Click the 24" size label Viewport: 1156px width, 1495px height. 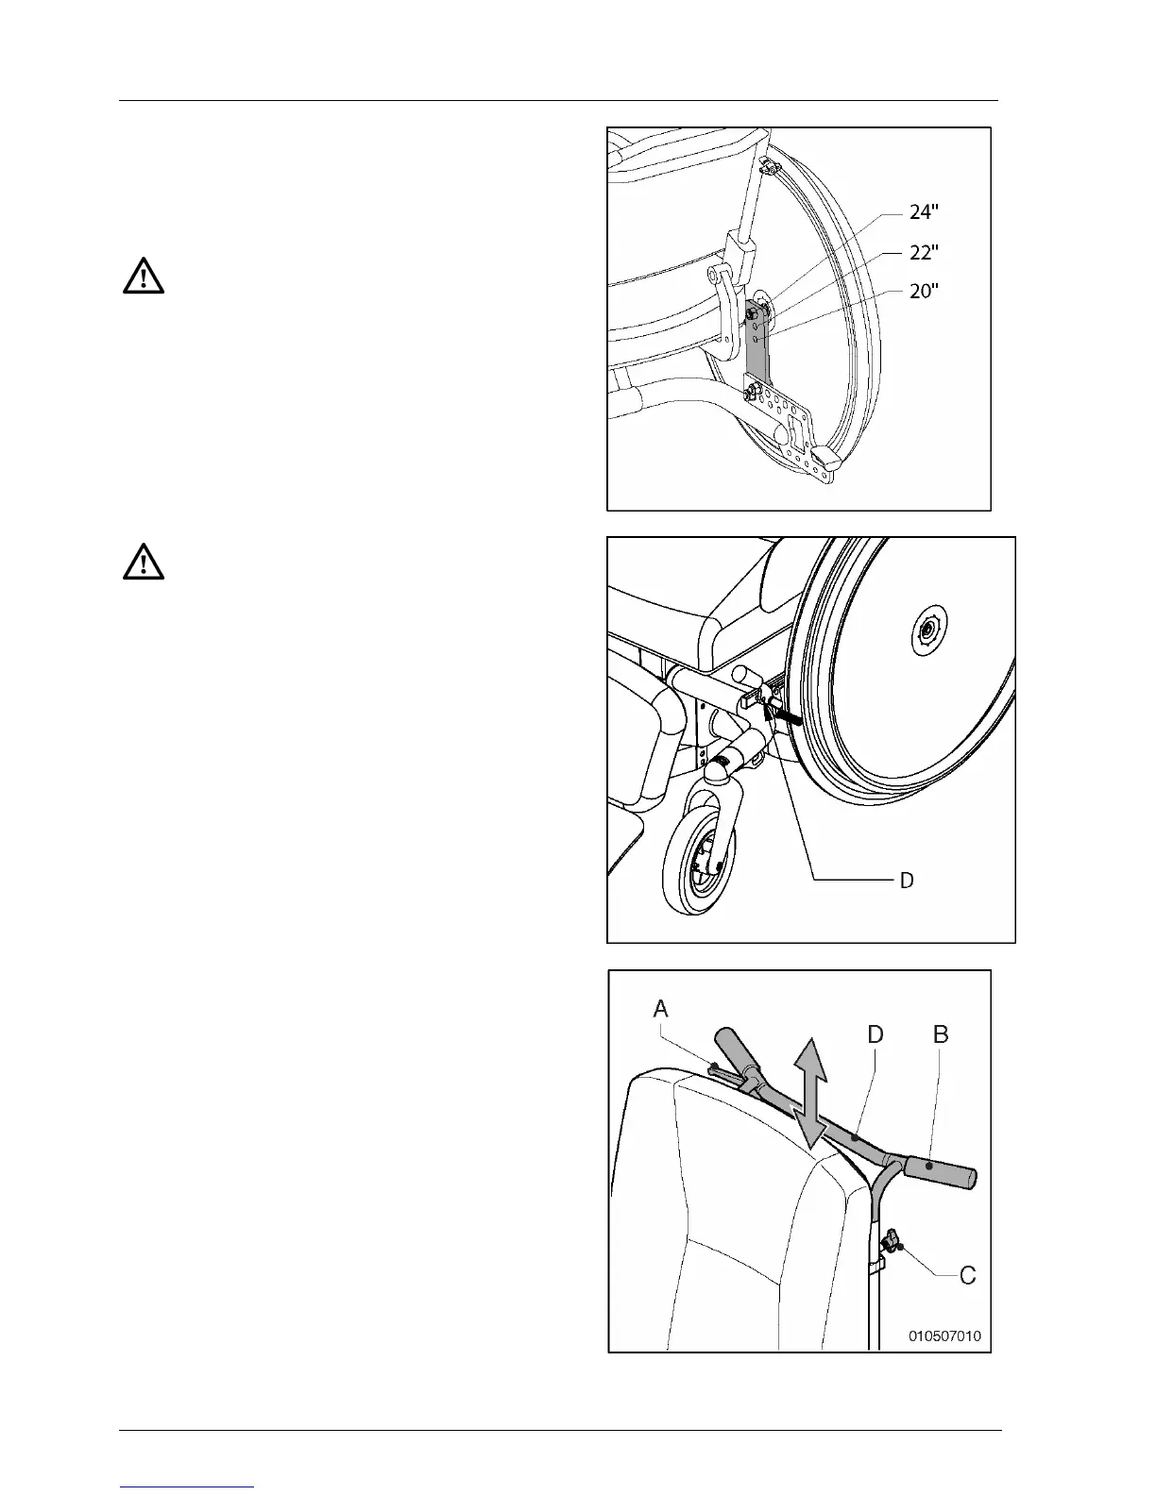pyautogui.click(x=924, y=213)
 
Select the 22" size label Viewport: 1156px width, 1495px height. pyautogui.click(x=924, y=253)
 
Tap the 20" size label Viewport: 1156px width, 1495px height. pyautogui.click(x=924, y=292)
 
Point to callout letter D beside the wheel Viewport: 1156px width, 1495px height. pyautogui.click(x=906, y=881)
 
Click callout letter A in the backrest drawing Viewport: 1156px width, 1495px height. pyautogui.click(x=661, y=1009)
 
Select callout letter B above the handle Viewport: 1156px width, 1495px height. pyautogui.click(x=941, y=1034)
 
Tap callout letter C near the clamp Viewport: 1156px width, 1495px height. pyautogui.click(x=967, y=1276)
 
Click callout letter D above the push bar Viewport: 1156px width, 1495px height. pyautogui.click(x=875, y=1034)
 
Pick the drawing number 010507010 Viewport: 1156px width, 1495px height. pyautogui.click(x=944, y=1335)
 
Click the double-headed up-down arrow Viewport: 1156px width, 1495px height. pyautogui.click(x=809, y=1093)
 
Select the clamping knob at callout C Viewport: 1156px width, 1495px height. pyautogui.click(x=892, y=1241)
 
